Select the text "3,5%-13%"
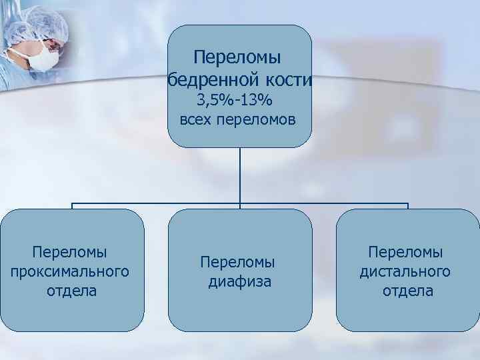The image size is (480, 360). click(x=239, y=101)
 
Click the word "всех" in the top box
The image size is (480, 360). click(x=195, y=121)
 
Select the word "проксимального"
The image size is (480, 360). click(x=71, y=272)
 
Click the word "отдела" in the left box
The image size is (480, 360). click(x=72, y=291)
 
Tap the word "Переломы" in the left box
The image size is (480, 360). click(x=71, y=253)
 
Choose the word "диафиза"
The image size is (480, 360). click(x=240, y=282)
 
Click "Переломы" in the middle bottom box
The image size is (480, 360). click(x=239, y=263)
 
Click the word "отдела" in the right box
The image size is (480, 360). click(x=407, y=291)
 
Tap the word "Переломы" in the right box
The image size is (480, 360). click(x=406, y=253)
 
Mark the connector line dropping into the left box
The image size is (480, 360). click(x=72, y=206)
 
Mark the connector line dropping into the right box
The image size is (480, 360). click(x=407, y=206)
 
